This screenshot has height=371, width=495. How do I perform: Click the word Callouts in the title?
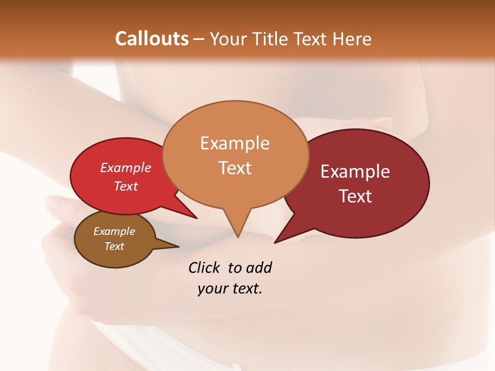point(152,39)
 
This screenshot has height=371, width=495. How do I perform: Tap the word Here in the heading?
point(352,39)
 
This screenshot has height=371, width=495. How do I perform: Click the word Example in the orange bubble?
point(235,143)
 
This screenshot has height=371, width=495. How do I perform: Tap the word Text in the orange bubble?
point(235,167)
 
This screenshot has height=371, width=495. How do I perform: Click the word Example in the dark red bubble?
point(355,172)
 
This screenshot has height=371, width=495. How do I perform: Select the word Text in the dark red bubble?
point(356,196)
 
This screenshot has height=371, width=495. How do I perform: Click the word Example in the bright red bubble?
point(125,167)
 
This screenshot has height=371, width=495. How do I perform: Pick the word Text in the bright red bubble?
point(125,186)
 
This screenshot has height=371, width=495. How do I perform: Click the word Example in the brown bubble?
point(114,231)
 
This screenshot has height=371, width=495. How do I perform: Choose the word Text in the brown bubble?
point(114,246)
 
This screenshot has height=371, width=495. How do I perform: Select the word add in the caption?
point(258,267)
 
